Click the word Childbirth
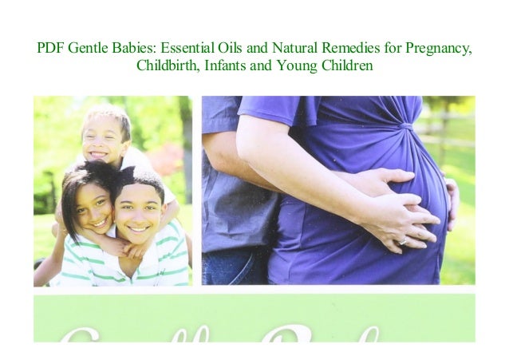point(168,65)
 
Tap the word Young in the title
point(296,65)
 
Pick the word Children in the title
point(346,65)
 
